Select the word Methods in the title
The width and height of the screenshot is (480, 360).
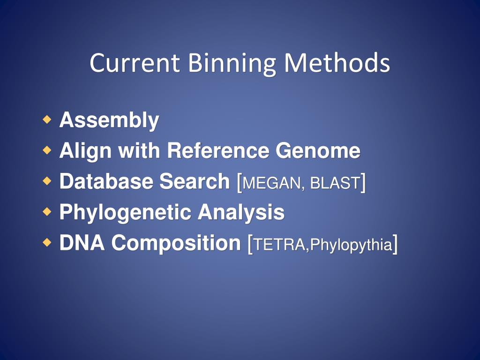pos(337,63)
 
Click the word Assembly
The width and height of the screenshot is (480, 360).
pos(109,120)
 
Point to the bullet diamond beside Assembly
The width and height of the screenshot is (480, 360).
pos(46,120)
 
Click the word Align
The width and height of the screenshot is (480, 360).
pos(85,151)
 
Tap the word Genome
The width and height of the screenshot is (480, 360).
pos(318,151)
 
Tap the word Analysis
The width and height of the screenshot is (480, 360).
pos(241,213)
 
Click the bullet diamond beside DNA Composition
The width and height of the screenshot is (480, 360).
pos(46,243)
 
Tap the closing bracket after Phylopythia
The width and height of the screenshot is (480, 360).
pos(396,244)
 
